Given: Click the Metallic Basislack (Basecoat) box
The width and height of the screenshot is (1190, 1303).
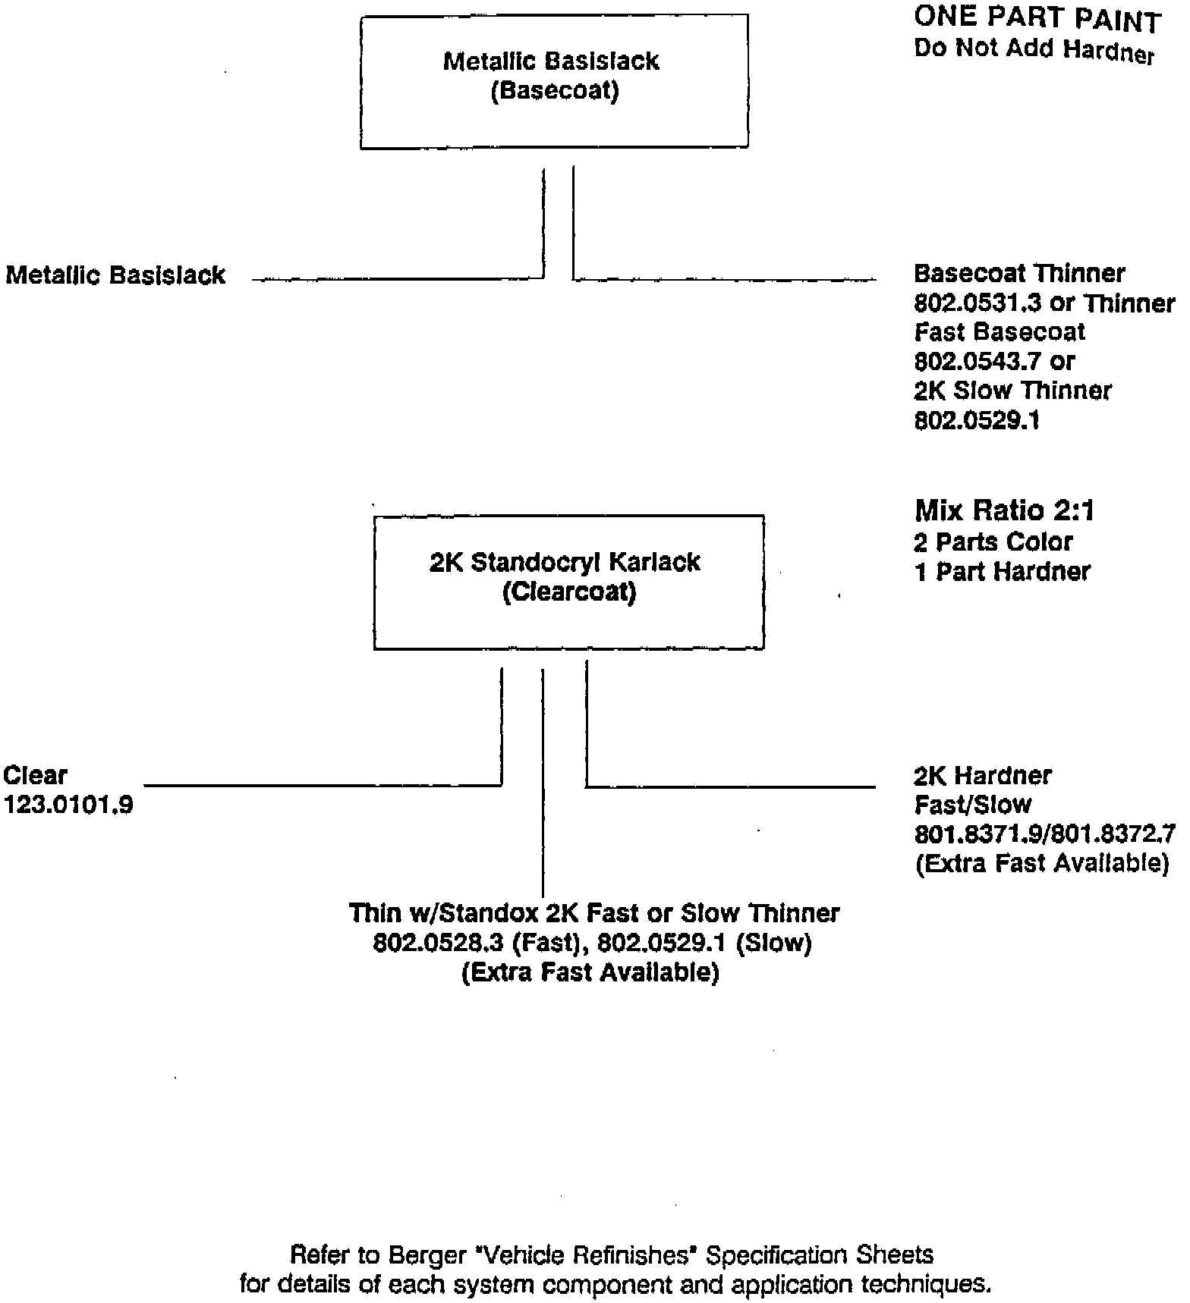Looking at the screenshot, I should [x=554, y=82].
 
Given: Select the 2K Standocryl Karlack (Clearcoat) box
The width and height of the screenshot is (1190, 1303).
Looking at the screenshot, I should [x=568, y=582].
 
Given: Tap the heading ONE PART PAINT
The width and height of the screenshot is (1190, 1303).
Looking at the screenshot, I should [x=1037, y=19].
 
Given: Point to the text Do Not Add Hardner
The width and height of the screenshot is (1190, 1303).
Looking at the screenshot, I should [x=1034, y=50].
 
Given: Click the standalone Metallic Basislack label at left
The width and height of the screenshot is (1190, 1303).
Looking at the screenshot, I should [x=115, y=275].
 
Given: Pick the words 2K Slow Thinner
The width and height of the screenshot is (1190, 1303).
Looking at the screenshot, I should [x=1012, y=391].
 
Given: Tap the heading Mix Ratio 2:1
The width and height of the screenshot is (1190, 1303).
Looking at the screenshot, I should [x=1004, y=511].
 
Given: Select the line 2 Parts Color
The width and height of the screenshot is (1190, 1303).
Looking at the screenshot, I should [x=993, y=542].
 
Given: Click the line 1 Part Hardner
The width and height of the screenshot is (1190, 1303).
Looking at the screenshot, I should [x=1002, y=571].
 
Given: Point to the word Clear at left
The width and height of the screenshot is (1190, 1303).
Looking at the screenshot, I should [x=36, y=775].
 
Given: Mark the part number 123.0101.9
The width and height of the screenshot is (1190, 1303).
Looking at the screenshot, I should [x=69, y=805].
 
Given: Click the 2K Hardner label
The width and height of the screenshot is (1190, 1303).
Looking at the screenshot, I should [x=983, y=775].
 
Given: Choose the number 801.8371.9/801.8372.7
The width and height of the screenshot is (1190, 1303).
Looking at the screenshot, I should [x=1044, y=834].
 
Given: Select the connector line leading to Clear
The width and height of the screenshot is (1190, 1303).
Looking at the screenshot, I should [x=323, y=785].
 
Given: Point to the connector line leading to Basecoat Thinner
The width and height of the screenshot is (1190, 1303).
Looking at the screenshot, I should [x=724, y=280].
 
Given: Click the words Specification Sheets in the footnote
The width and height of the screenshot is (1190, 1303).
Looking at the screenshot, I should [x=820, y=1255].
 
